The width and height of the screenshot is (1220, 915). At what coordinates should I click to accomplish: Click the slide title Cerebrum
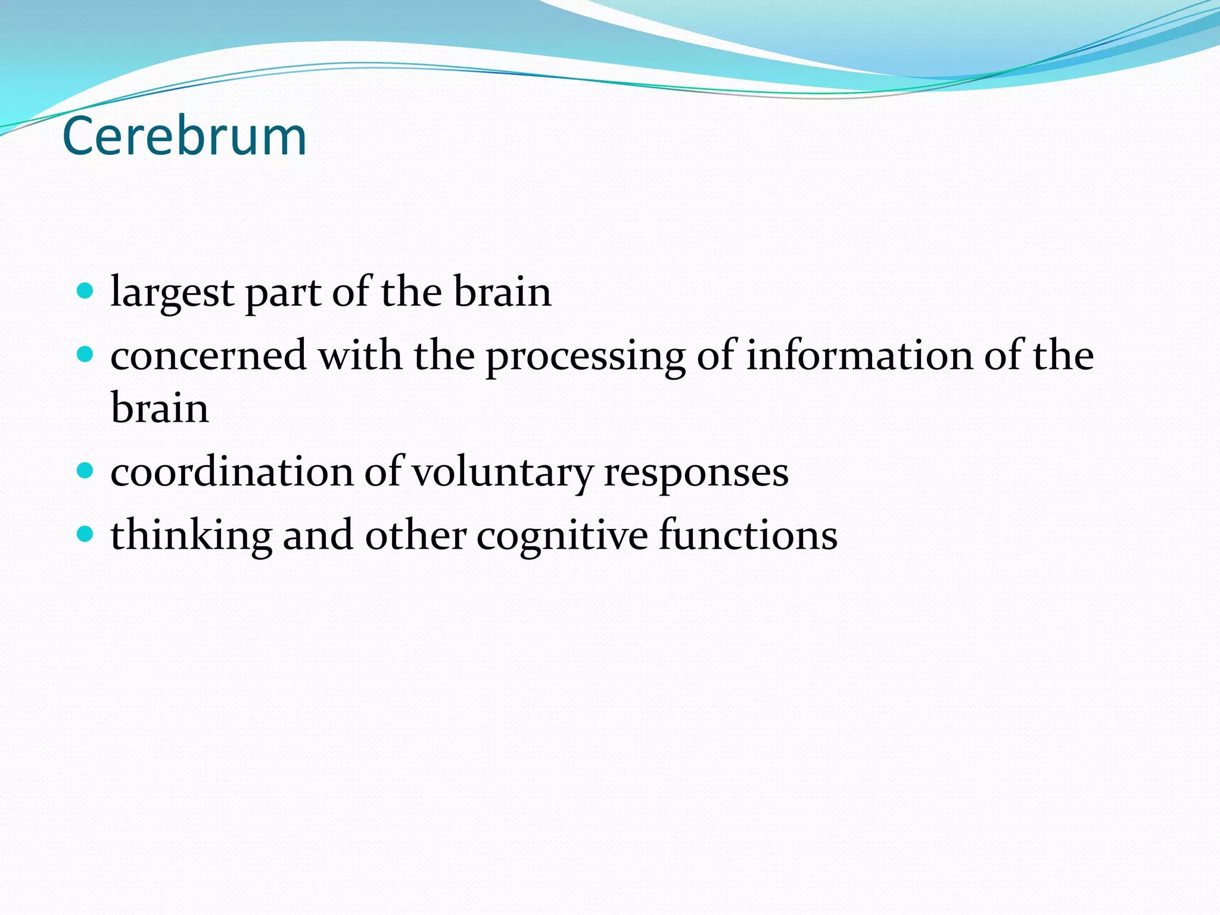coord(184,136)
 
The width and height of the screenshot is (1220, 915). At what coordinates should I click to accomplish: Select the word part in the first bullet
coord(283,293)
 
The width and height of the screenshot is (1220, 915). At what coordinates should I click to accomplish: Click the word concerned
coord(208,356)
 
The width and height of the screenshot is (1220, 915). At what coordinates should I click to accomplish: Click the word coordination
coord(232,472)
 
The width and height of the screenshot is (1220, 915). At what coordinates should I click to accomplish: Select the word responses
coord(696,472)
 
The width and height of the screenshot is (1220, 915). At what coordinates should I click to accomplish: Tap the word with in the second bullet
coord(360,356)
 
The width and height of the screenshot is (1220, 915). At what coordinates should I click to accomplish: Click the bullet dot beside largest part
coord(86,291)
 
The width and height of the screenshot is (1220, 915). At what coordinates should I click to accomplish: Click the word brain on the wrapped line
coord(160,409)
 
